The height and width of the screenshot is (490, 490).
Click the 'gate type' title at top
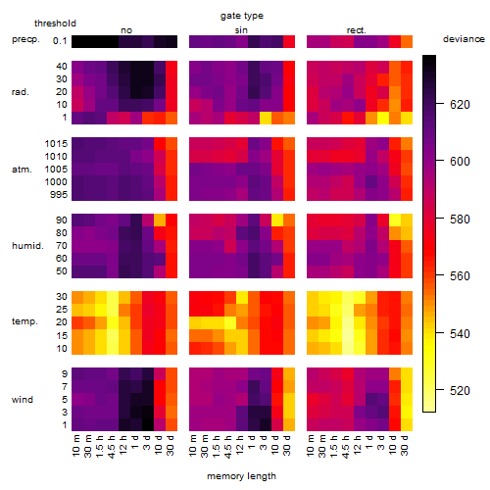[242, 16]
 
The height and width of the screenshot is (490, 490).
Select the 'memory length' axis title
[241, 476]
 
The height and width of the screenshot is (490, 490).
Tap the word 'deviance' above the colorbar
[464, 39]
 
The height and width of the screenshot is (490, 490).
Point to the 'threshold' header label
[55, 24]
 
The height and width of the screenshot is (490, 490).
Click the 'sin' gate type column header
[241, 30]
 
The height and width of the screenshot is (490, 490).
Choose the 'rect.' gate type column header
[356, 30]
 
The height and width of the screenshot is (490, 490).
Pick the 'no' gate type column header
[126, 30]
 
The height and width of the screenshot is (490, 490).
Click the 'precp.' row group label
[25, 39]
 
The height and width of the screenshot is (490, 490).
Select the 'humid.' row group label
[27, 246]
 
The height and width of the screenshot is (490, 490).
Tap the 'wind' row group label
[23, 400]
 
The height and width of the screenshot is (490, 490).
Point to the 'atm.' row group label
[22, 170]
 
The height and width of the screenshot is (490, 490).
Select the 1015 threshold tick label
[56, 144]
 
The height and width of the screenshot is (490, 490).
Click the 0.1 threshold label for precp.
[60, 41]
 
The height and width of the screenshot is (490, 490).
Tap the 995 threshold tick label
[59, 195]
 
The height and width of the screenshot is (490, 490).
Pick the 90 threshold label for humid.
[62, 220]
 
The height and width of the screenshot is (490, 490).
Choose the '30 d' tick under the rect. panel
[405, 445]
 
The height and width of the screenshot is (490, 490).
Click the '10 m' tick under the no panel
[75, 445]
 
